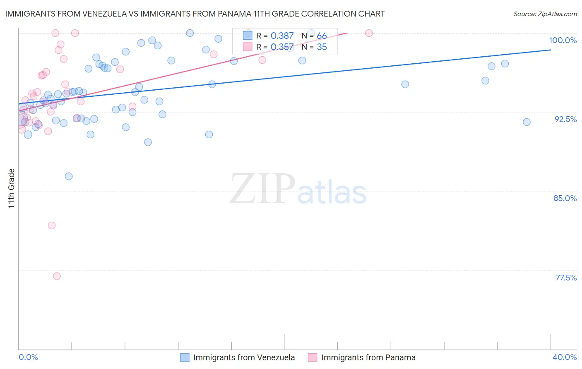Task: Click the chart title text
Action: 195,14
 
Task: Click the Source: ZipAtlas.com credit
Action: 545,14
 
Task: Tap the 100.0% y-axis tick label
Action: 563,40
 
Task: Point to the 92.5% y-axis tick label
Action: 565,119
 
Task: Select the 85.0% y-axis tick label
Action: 565,198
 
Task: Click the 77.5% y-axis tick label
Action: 566,278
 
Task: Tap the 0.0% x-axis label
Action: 28,357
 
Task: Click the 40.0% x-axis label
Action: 564,357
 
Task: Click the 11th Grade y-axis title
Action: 12,188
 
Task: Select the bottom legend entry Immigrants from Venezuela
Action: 244,357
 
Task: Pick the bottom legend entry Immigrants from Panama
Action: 368,357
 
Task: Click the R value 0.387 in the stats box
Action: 282,36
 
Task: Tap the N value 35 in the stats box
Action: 322,47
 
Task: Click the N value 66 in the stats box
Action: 322,36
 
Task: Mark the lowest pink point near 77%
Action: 57,276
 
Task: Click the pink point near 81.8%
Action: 52,225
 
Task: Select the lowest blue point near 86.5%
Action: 69,176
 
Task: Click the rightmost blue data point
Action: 527,122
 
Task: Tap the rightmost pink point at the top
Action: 369,33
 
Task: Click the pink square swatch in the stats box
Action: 248,47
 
